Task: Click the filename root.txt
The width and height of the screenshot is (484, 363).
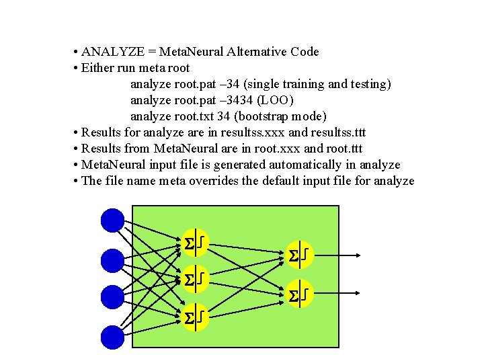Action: point(198,116)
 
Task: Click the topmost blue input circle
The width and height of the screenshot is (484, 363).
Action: point(112,220)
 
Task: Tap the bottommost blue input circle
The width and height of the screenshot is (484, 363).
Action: point(112,337)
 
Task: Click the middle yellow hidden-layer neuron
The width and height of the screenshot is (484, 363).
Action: point(194,278)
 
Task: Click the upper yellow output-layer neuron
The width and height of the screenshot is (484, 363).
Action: point(298,255)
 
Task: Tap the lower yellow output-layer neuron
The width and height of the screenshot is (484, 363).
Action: point(298,294)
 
